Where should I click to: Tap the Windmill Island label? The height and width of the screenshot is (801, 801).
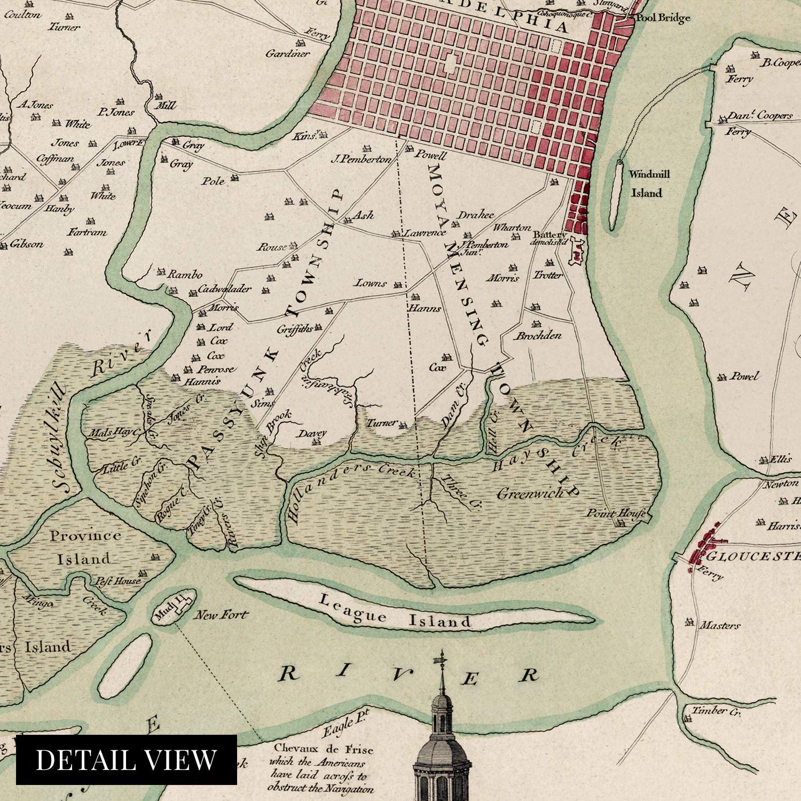tap(648, 183)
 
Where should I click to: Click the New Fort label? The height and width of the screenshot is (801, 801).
tap(221, 615)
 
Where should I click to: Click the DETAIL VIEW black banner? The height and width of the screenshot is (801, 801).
tap(126, 759)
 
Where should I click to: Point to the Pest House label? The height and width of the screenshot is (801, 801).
tap(118, 581)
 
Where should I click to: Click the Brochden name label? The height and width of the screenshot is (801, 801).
tap(538, 336)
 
